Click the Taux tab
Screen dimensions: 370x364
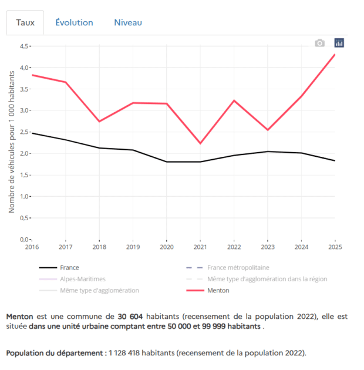click(x=25, y=22)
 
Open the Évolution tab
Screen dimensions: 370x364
click(x=74, y=22)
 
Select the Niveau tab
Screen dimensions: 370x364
click(x=128, y=22)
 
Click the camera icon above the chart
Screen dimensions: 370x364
click(x=319, y=43)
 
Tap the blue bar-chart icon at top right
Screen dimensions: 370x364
click(x=339, y=43)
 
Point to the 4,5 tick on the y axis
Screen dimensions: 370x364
click(x=24, y=46)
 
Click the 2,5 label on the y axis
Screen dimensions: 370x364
click(x=24, y=132)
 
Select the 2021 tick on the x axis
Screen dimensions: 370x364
click(x=200, y=247)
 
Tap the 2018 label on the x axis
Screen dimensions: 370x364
click(x=99, y=247)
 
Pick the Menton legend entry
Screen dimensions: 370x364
click(x=218, y=290)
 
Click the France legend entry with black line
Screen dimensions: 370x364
click(x=69, y=268)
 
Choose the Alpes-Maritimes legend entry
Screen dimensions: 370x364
click(x=82, y=279)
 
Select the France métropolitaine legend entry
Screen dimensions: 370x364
click(x=238, y=268)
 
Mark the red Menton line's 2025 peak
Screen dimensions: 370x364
click(x=335, y=55)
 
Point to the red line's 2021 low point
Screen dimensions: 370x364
click(x=200, y=143)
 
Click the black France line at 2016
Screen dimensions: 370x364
click(x=32, y=133)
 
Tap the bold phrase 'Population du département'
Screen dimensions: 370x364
click(x=56, y=353)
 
